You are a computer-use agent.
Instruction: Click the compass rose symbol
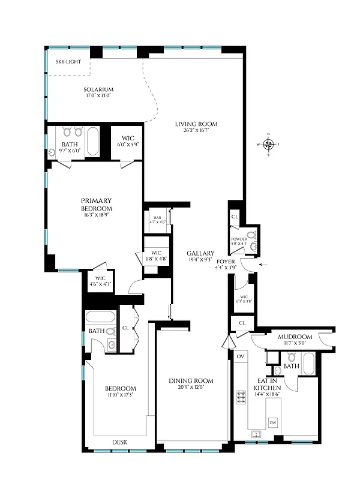pos(269,144)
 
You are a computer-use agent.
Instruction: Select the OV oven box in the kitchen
pos(241,356)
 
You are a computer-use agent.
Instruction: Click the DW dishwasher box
pos(273,422)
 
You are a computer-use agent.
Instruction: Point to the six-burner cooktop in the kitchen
pos(241,397)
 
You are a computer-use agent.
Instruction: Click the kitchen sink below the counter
pos(257,433)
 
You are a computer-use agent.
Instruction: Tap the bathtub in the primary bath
pos(94,140)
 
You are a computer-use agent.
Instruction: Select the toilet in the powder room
pos(251,235)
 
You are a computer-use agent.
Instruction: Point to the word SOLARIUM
pos(99,89)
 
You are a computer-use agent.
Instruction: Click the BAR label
pos(157,218)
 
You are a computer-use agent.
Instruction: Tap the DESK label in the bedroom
pos(119,443)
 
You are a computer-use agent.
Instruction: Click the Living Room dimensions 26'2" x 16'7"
pos(196,131)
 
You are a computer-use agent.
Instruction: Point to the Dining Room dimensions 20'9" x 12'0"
pos(191,388)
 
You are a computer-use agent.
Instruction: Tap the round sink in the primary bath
pos(52,152)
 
